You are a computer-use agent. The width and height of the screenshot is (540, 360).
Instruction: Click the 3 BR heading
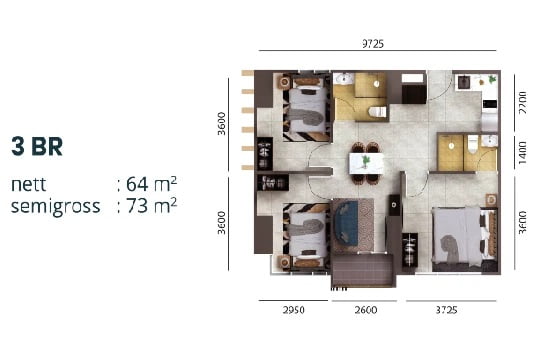[37, 146]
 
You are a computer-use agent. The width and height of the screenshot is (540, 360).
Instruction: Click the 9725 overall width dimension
[374, 43]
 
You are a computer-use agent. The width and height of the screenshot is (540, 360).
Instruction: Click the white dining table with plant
[366, 159]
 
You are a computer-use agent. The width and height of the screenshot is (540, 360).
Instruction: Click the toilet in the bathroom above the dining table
[376, 110]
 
